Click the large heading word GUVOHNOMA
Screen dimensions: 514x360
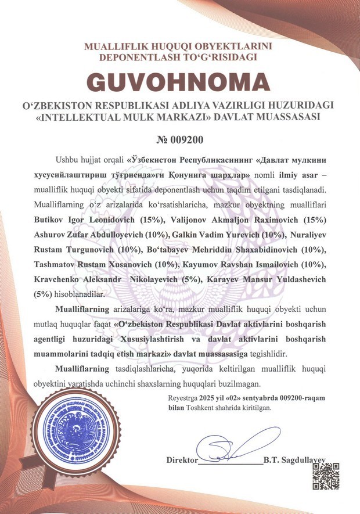tap(179, 81)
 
